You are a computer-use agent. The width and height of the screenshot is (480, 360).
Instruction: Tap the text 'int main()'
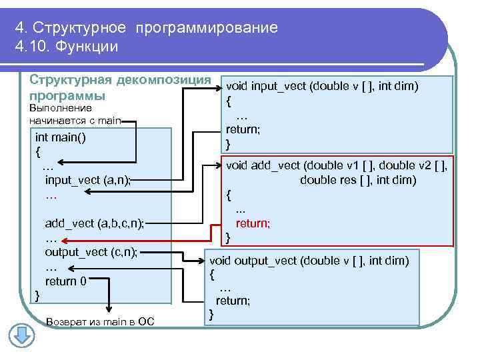[x=61, y=137]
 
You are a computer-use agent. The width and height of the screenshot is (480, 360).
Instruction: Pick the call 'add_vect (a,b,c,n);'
[x=94, y=223]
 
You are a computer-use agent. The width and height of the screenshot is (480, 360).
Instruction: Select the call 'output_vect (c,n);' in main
[x=91, y=251]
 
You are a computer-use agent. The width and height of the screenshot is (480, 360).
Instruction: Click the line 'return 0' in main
[x=65, y=281]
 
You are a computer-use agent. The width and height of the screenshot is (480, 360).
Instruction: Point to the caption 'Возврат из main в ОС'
[x=100, y=323]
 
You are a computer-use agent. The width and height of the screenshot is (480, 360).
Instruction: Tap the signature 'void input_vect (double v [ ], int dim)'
[x=322, y=86]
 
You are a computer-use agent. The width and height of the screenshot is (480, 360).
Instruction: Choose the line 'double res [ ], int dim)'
[x=358, y=180]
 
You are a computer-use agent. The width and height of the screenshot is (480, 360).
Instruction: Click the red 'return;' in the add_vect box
[x=253, y=223]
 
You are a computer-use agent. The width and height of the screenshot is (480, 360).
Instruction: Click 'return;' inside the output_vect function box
[x=233, y=301]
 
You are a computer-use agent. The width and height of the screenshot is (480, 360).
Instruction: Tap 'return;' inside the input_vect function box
[x=243, y=129]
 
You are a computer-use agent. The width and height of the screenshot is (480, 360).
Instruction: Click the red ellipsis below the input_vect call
[x=51, y=197]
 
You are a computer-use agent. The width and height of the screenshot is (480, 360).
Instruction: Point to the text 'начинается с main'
[x=75, y=121]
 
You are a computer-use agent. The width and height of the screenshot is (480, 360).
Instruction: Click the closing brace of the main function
[x=37, y=295]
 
